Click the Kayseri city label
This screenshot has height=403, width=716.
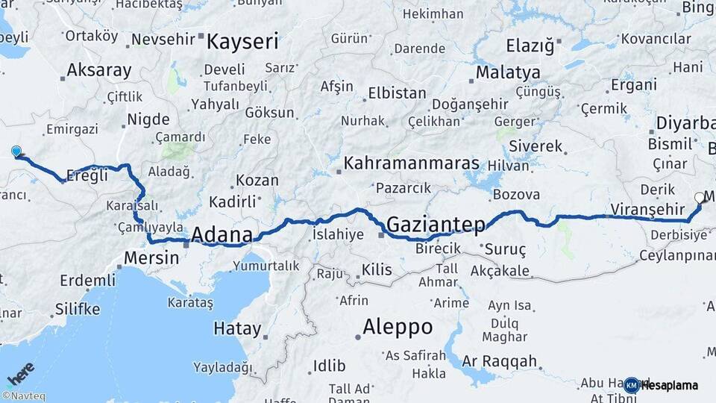click(242, 41)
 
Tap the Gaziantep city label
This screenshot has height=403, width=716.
click(436, 224)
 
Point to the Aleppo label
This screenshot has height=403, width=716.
click(398, 327)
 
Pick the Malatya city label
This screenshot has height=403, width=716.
click(508, 73)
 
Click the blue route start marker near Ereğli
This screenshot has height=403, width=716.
click(16, 151)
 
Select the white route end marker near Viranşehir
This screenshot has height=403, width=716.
click(699, 198)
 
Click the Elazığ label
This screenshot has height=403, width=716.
click(530, 46)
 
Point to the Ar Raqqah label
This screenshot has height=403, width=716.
click(500, 362)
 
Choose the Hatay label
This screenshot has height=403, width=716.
click(237, 328)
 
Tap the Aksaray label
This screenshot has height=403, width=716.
click(99, 71)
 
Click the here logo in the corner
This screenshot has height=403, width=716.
click(20, 373)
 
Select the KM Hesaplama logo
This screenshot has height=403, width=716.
click(661, 385)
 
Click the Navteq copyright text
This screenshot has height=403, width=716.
click(23, 396)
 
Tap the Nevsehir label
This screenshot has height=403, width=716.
click(163, 39)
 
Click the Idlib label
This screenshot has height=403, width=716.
click(329, 366)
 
